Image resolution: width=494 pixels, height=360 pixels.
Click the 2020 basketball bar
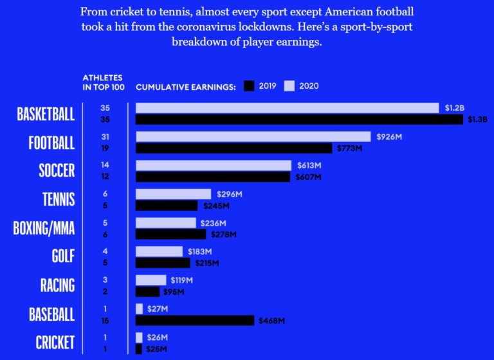tap(287, 108)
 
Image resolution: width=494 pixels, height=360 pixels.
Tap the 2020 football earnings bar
tap(253, 136)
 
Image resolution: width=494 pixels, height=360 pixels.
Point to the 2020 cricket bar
tap(139, 337)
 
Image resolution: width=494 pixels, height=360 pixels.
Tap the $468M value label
tap(271, 320)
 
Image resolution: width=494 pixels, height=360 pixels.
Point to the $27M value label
tap(158, 309)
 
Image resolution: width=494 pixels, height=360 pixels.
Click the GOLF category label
tap(63, 256)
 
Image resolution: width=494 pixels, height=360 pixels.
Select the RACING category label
tap(57, 285)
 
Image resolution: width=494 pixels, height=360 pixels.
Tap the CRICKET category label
tap(55, 342)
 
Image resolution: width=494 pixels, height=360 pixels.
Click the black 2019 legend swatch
tap(249, 85)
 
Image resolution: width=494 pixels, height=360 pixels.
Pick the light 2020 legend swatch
tap(289, 85)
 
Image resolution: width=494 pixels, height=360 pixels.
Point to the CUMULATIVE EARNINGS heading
tap(186, 85)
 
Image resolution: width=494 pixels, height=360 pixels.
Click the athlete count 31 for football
tap(105, 136)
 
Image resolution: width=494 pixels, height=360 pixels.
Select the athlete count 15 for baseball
tap(105, 320)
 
